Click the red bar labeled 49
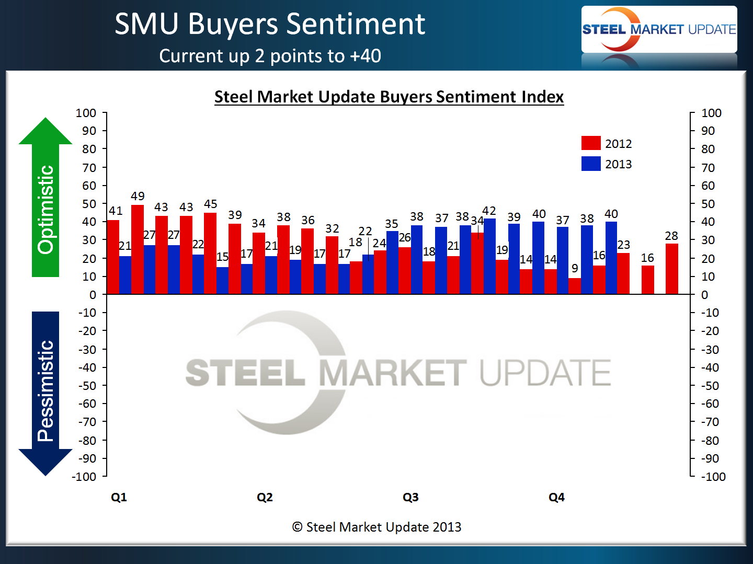138,249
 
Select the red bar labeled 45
210,254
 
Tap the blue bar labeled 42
489,256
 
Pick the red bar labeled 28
672,269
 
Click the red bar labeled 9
575,286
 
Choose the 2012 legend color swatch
591,143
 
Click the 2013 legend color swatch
591,164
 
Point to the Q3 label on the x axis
410,497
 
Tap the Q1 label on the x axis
119,497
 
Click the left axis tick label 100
86,113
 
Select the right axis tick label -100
713,477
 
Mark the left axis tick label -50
87,386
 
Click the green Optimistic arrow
45,199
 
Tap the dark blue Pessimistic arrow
45,392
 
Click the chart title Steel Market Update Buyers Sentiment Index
389,97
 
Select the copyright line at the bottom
376,527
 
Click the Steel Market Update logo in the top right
659,30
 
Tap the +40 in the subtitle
366,56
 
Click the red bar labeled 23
623,273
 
